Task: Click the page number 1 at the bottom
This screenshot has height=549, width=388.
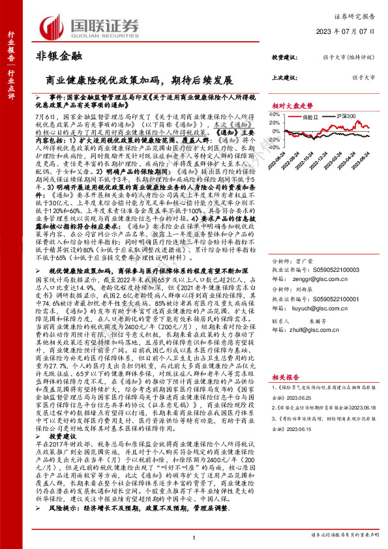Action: point(194,538)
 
